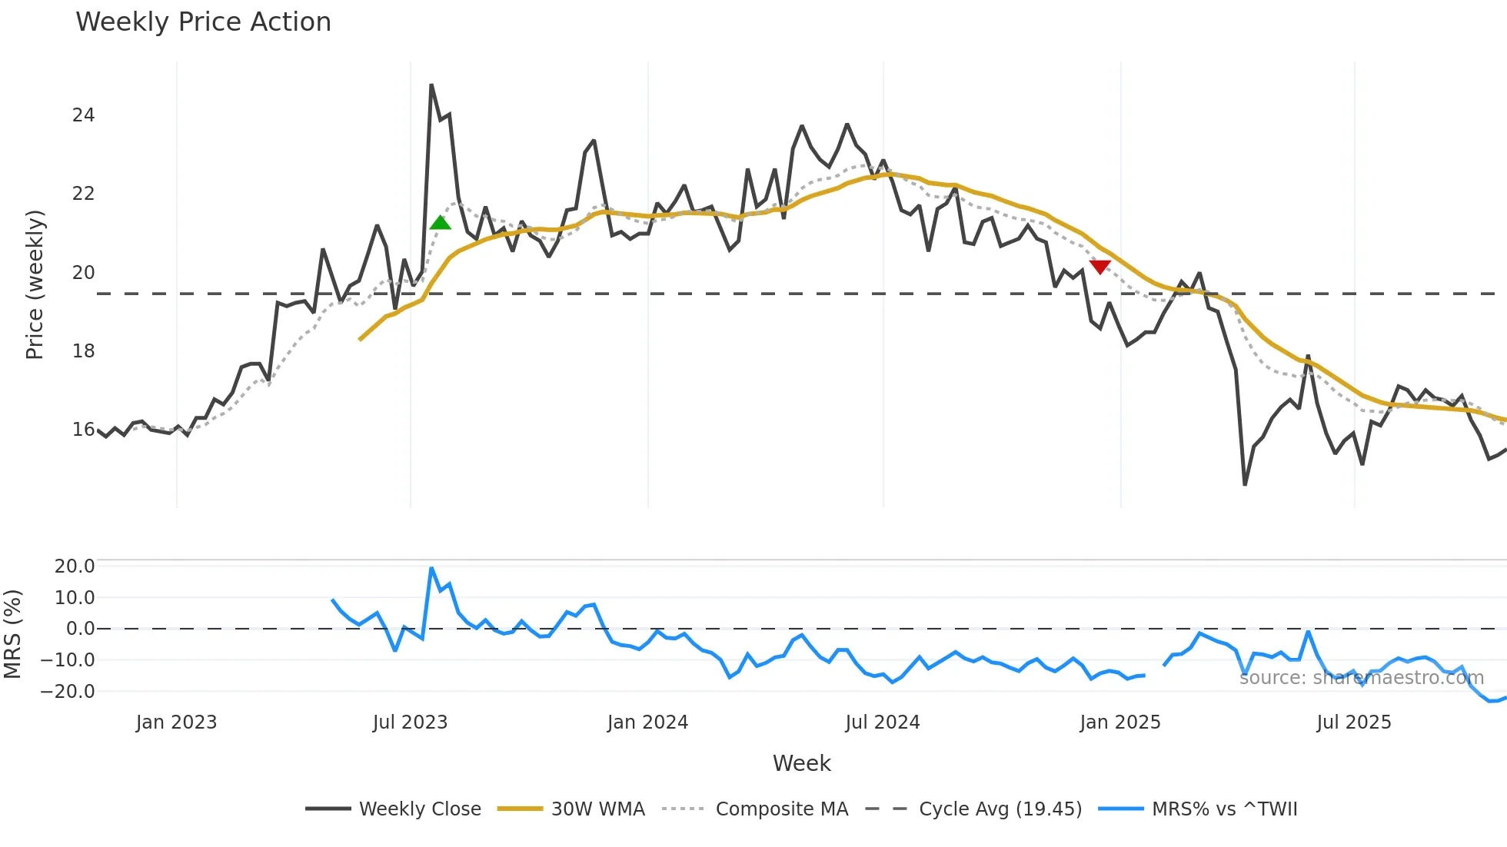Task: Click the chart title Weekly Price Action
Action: pyautogui.click(x=203, y=22)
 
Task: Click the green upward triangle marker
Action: pyautogui.click(x=441, y=223)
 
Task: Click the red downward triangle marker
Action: pyautogui.click(x=1100, y=267)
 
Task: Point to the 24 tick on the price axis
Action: pyautogui.click(x=83, y=115)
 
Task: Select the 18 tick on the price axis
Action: pyautogui.click(x=83, y=351)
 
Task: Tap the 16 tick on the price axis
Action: pyautogui.click(x=83, y=430)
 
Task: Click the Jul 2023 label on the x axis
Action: pyautogui.click(x=410, y=722)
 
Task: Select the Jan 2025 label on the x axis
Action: pyautogui.click(x=1119, y=722)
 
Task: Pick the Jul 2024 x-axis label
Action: pyautogui.click(x=882, y=722)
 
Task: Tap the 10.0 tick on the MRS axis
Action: pyautogui.click(x=75, y=598)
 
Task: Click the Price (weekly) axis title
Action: pyautogui.click(x=35, y=284)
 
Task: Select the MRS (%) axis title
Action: pyautogui.click(x=13, y=634)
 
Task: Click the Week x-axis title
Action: pyautogui.click(x=801, y=763)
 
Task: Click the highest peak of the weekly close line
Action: pyautogui.click(x=431, y=85)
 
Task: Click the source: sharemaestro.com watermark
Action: pyautogui.click(x=1361, y=678)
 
